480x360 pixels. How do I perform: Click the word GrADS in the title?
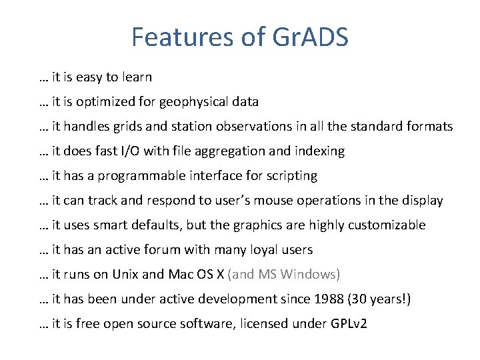(x=311, y=37)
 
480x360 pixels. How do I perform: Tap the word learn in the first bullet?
(x=137, y=77)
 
